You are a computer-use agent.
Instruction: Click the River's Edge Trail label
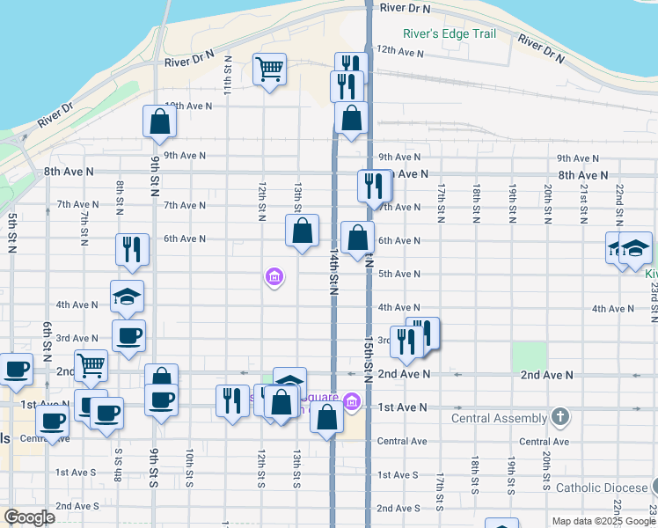coord(450,34)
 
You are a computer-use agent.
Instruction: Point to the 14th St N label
coord(334,274)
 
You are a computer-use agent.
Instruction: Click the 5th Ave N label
coord(398,274)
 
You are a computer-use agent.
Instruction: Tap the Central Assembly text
coord(499,418)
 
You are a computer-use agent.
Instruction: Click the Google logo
coord(29,517)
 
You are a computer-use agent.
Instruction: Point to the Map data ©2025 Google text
coord(603,521)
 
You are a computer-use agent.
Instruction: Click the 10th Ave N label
coord(189,106)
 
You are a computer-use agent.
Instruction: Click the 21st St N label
coord(583,204)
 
